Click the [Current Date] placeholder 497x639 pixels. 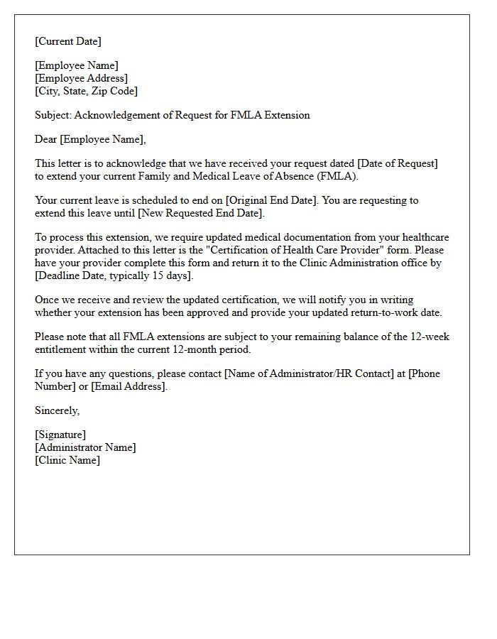(x=68, y=41)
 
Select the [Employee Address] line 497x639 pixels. (x=82, y=78)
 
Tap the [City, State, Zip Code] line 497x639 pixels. (x=87, y=91)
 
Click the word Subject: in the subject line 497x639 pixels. (x=53, y=115)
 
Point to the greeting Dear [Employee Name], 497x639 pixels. (x=90, y=139)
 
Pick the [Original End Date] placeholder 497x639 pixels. (x=272, y=200)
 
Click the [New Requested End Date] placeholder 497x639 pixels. (x=201, y=213)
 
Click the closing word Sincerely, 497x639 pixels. (x=58, y=410)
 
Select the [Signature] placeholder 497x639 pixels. (x=60, y=435)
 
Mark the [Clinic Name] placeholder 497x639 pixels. (x=67, y=460)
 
